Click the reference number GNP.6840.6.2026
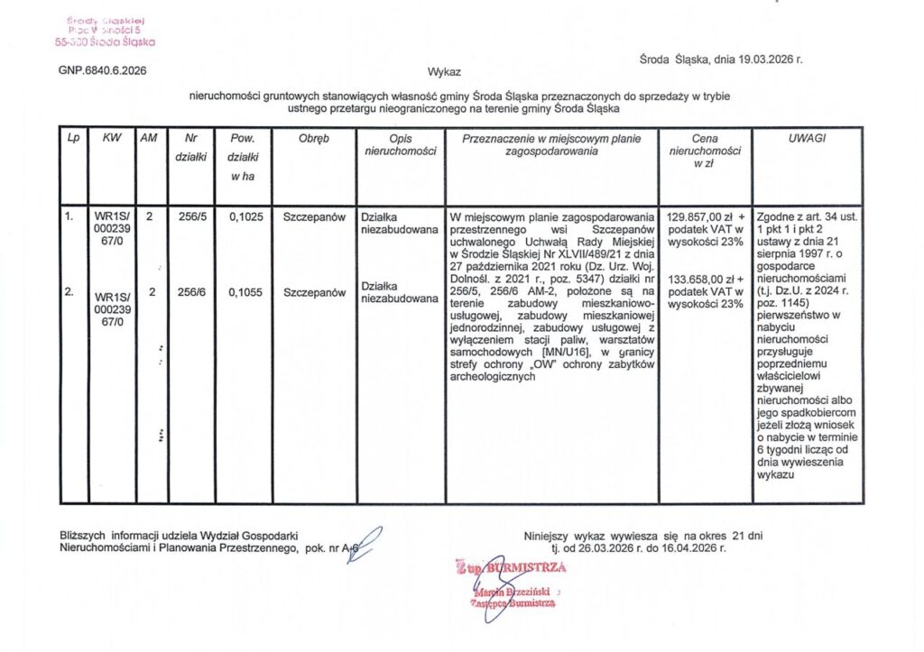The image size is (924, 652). pyautogui.click(x=102, y=70)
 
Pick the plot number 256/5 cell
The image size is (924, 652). pyautogui.click(x=190, y=217)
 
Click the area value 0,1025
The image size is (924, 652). pyautogui.click(x=245, y=217)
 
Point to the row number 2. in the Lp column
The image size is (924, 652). pyautogui.click(x=69, y=292)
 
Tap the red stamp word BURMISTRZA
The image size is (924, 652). pyautogui.click(x=526, y=567)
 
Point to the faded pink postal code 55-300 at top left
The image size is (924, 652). pyautogui.click(x=70, y=41)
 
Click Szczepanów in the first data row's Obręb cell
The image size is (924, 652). pyautogui.click(x=314, y=217)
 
